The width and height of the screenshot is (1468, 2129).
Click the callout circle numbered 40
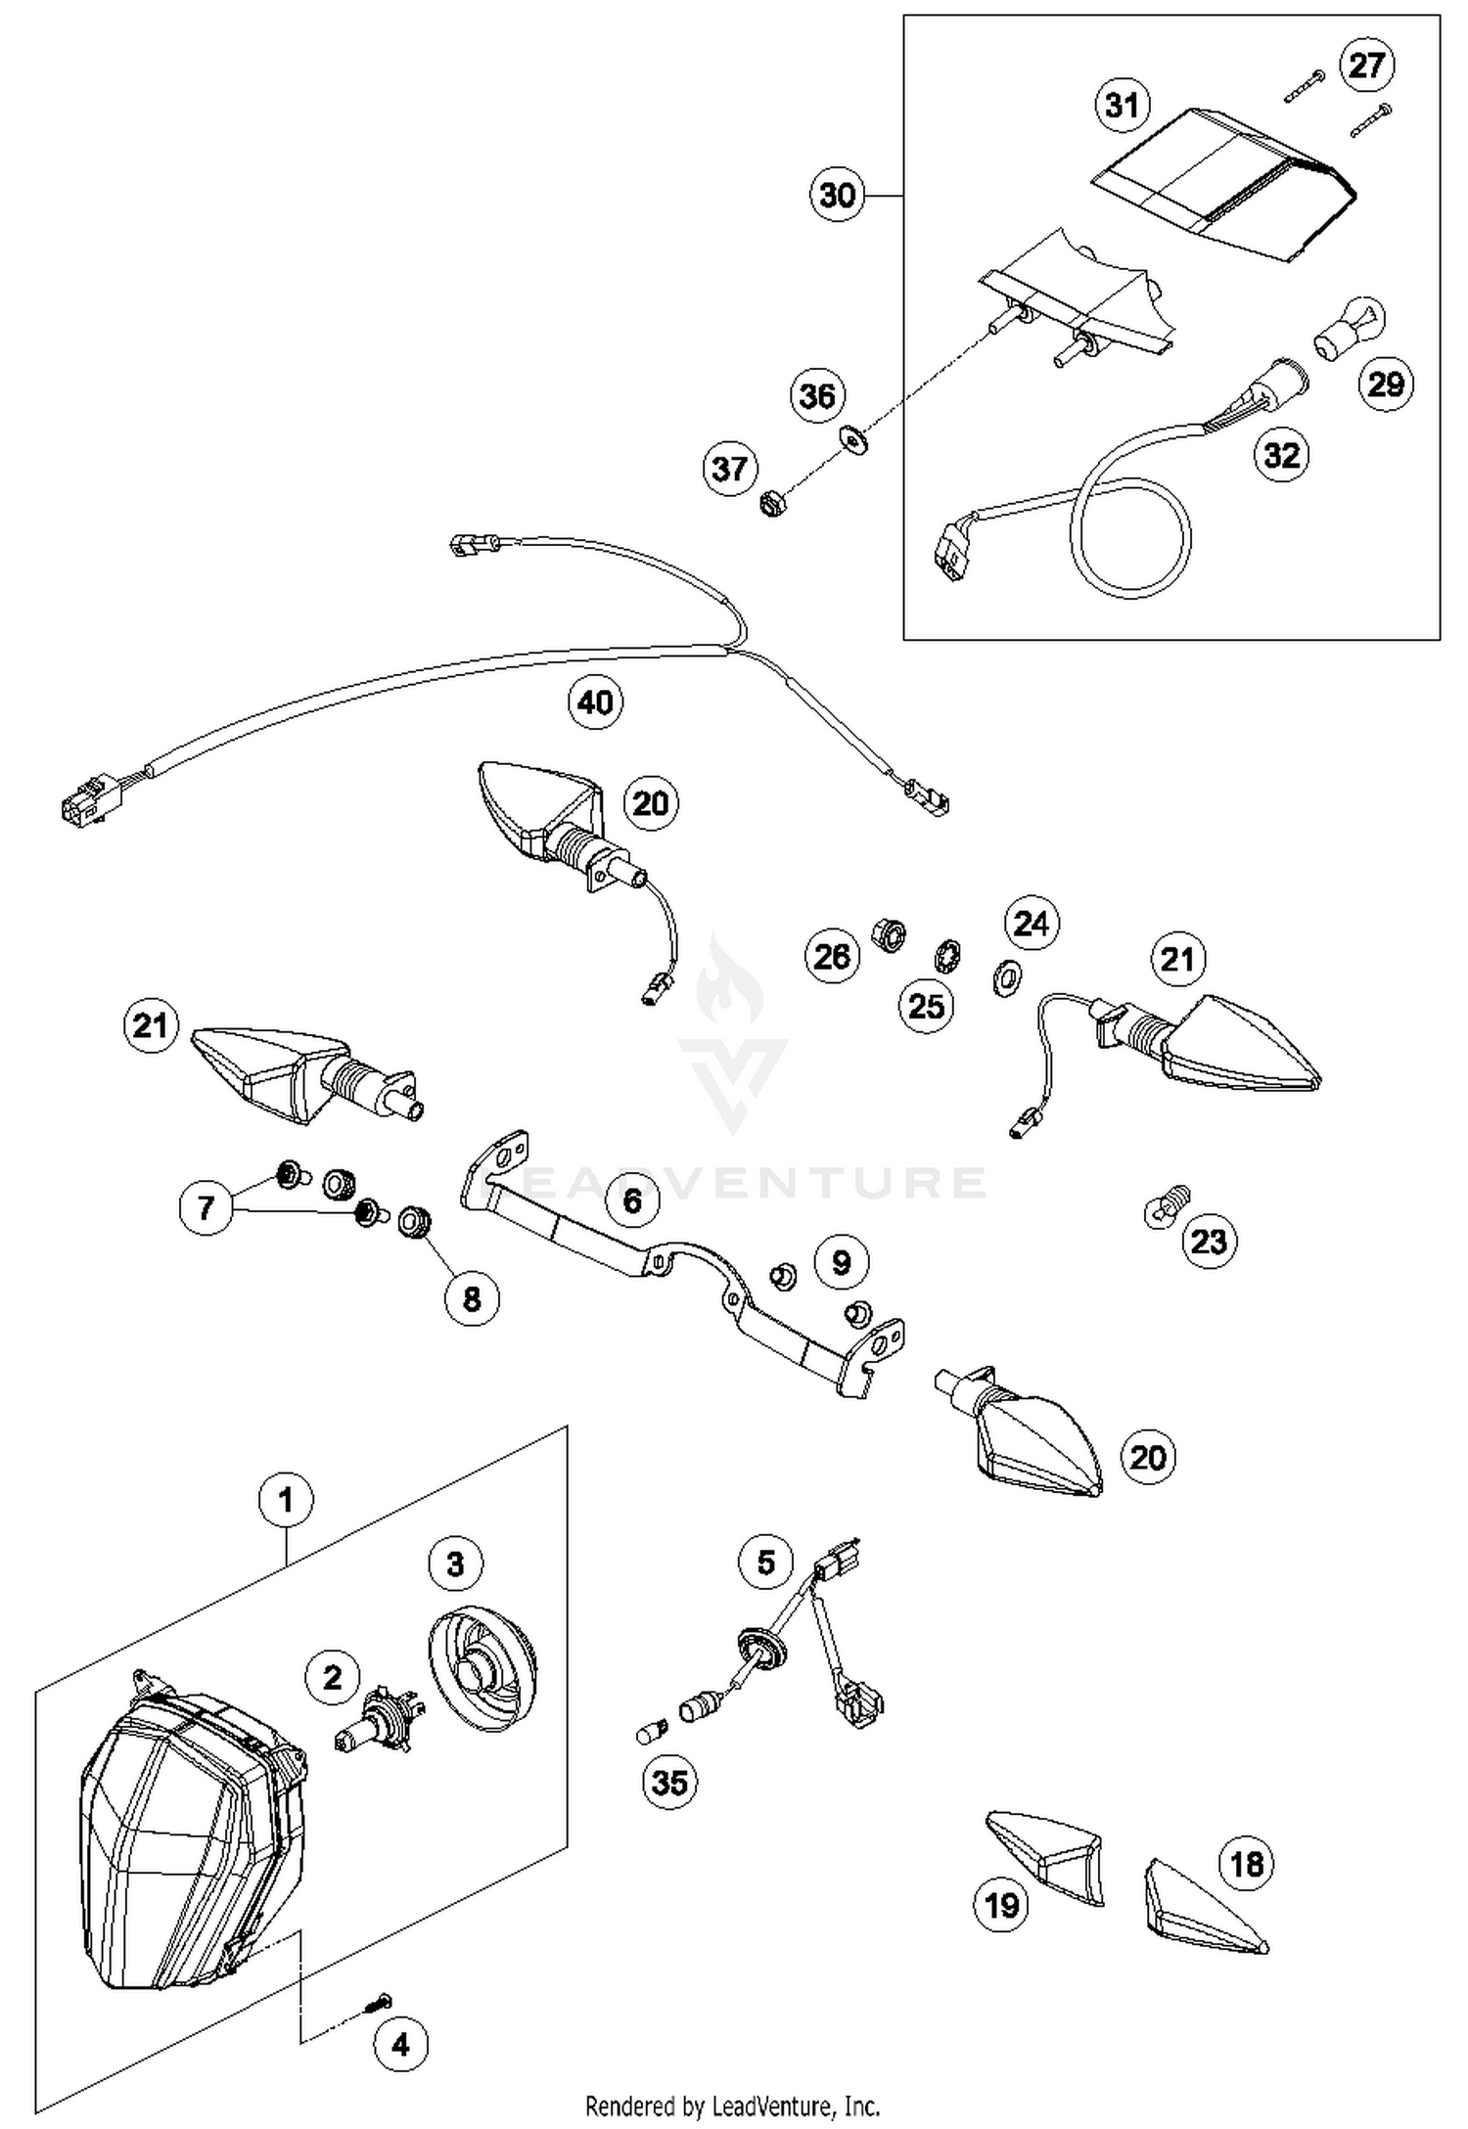tap(596, 702)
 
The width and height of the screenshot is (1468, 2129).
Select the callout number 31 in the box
tap(1122, 104)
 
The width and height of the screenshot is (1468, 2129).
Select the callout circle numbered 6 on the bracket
tap(633, 1200)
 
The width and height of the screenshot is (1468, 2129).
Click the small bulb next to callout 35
tap(651, 1735)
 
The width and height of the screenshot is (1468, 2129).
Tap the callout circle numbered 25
tap(926, 1005)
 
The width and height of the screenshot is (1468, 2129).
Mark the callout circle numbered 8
tap(472, 1298)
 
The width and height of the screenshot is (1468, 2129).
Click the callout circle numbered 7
tap(206, 1207)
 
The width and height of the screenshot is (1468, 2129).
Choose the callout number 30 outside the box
tap(838, 195)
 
